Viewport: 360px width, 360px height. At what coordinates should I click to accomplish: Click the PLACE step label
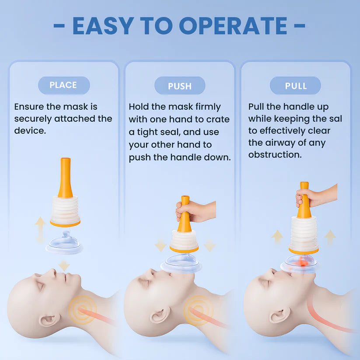pyautogui.click(x=64, y=85)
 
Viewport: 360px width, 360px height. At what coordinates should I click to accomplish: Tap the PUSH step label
pyautogui.click(x=180, y=86)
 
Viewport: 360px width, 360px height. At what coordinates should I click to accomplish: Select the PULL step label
pyautogui.click(x=296, y=86)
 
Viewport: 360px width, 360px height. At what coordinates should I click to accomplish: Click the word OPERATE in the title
pyautogui.click(x=233, y=26)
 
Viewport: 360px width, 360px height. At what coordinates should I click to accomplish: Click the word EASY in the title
pyautogui.click(x=103, y=26)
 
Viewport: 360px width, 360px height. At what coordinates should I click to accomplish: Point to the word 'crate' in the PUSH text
pyautogui.click(x=218, y=119)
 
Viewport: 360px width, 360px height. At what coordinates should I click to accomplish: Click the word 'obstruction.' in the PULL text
pyautogui.click(x=275, y=154)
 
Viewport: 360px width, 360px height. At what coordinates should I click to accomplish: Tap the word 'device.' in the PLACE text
pyautogui.click(x=30, y=131)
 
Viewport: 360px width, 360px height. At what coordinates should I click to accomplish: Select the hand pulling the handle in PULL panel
pyautogui.click(x=316, y=196)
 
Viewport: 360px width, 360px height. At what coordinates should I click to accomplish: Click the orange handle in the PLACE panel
pyautogui.click(x=66, y=178)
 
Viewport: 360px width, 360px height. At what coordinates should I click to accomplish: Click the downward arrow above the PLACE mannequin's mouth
pyautogui.click(x=64, y=266)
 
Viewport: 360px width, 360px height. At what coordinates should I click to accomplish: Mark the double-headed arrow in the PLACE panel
pyautogui.click(x=40, y=230)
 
